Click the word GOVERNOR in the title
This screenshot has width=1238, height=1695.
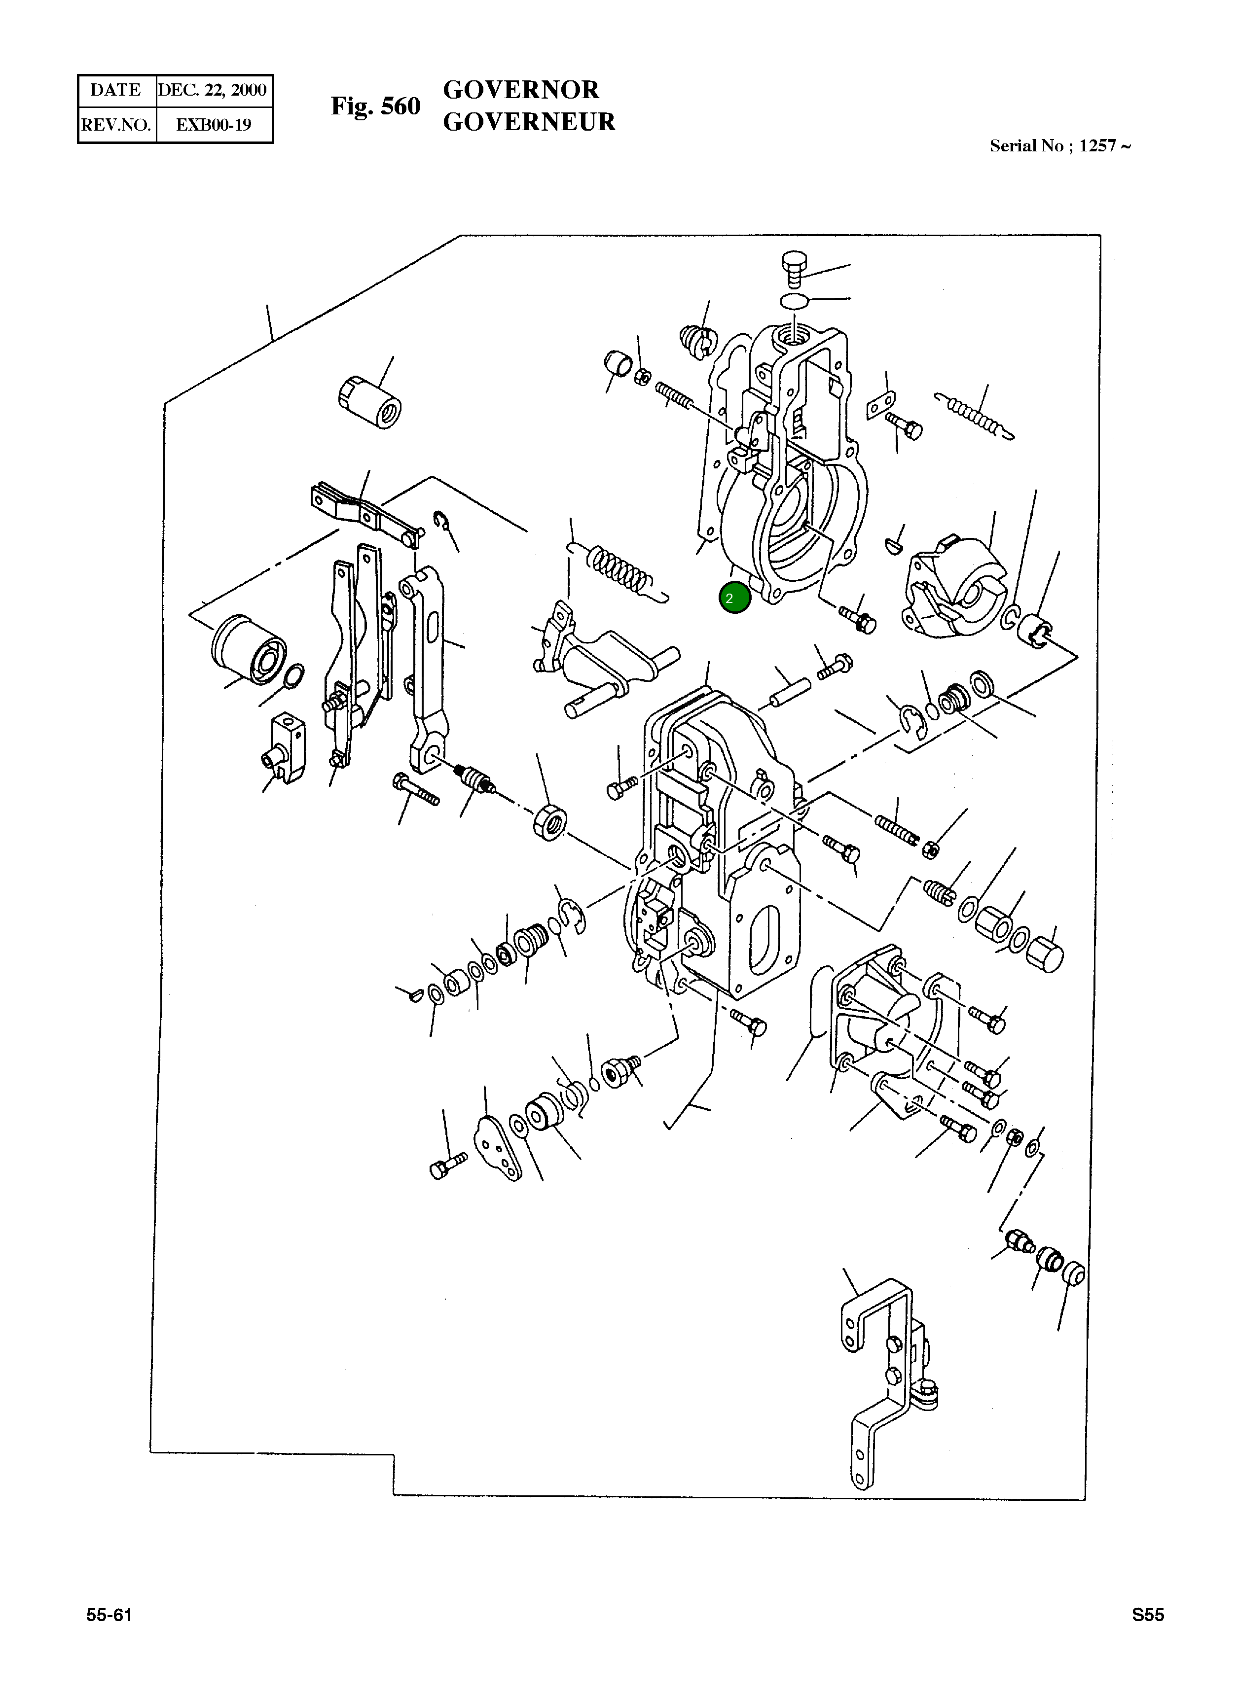point(521,90)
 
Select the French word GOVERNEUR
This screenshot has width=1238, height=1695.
point(529,122)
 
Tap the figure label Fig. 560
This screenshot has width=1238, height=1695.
point(375,106)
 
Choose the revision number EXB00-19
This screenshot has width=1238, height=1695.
point(213,124)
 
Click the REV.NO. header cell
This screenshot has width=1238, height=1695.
point(116,124)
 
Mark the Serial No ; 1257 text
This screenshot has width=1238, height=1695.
point(1059,146)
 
